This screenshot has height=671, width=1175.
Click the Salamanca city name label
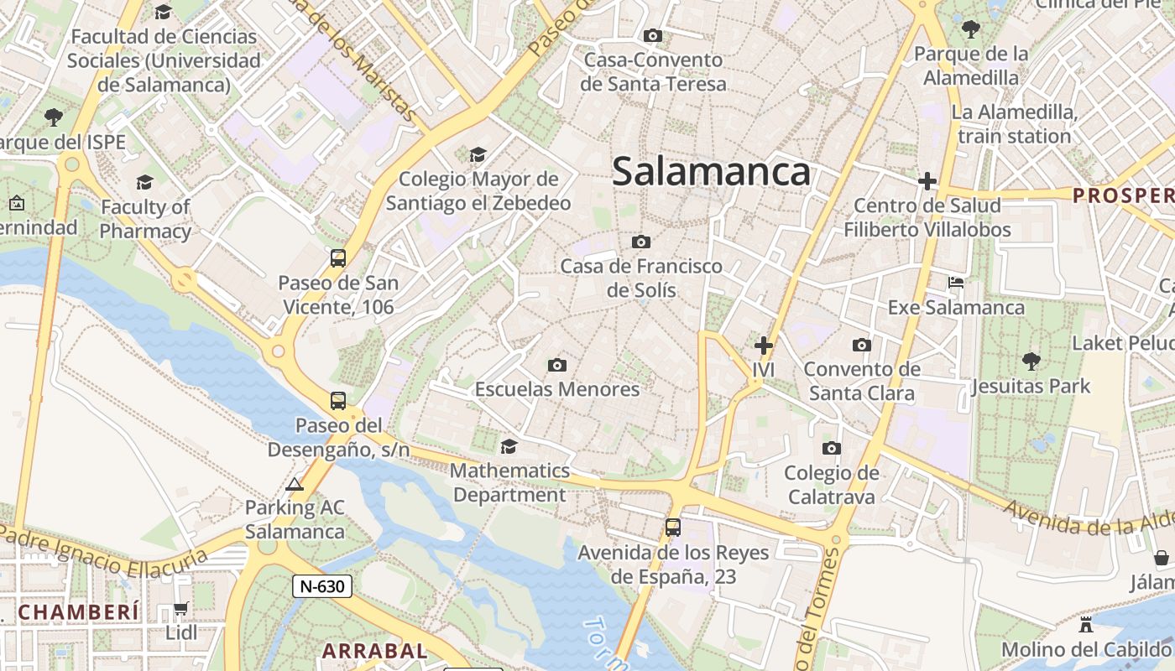click(x=711, y=172)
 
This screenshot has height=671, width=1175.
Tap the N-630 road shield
click(x=321, y=586)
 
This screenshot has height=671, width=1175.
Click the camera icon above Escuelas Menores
click(x=556, y=365)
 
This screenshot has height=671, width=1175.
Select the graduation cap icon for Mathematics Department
click(x=509, y=446)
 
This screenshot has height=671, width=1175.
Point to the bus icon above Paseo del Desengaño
click(x=338, y=401)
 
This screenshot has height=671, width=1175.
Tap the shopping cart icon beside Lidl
click(x=180, y=609)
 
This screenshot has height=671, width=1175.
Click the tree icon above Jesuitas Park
click(x=1031, y=362)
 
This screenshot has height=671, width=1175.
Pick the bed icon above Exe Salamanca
click(x=956, y=283)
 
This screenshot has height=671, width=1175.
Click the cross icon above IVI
click(x=763, y=345)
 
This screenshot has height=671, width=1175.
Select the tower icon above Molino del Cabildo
click(x=1086, y=625)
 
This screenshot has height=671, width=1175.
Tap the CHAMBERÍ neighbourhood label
click(x=78, y=612)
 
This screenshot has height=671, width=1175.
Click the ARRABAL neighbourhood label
click(x=375, y=651)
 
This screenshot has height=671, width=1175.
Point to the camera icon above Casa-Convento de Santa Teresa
click(x=652, y=35)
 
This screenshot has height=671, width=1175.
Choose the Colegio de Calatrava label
click(x=831, y=485)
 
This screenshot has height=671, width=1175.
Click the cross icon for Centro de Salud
click(x=927, y=181)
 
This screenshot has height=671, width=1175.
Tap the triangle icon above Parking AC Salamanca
click(x=294, y=484)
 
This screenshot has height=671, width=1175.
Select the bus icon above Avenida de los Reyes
click(x=673, y=528)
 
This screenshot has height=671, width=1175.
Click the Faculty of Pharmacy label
click(x=146, y=219)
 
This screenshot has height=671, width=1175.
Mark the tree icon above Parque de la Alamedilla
click(x=971, y=30)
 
